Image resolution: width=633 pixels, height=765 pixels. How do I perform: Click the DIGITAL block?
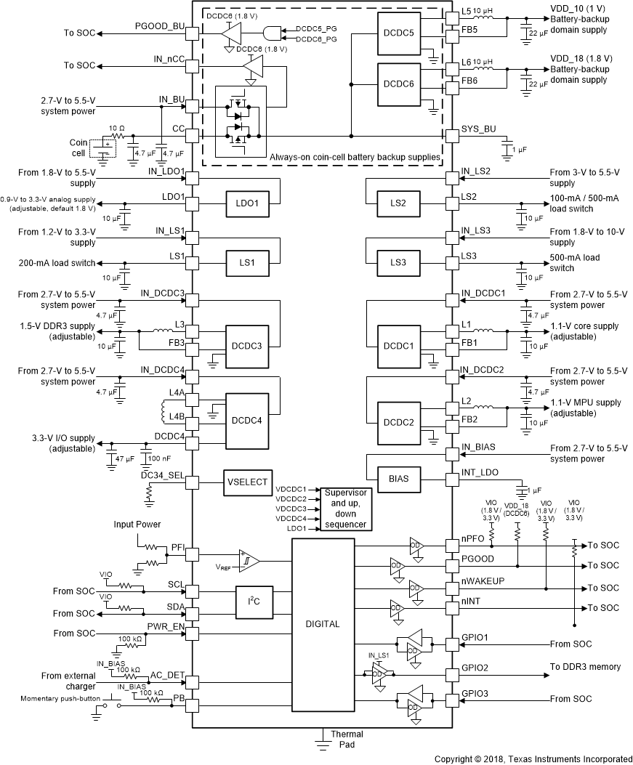pos(323,623)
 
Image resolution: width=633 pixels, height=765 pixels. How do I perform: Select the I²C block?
pos(253,601)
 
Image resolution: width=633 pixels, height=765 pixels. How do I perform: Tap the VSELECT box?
pos(248,482)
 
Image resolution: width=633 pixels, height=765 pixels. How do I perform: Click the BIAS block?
pos(398,478)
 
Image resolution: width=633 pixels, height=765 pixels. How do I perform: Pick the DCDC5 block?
pos(399,34)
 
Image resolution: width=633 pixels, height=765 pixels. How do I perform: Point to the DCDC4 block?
pos(248,421)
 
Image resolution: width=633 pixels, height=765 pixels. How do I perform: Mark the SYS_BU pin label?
pos(477,129)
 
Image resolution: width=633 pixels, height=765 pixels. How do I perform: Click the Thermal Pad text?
pos(347,739)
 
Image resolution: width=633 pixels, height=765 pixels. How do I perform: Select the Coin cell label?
pos(77,147)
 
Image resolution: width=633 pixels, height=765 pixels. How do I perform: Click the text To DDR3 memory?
pos(584,667)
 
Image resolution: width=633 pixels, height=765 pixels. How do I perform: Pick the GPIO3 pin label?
pos(476,694)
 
